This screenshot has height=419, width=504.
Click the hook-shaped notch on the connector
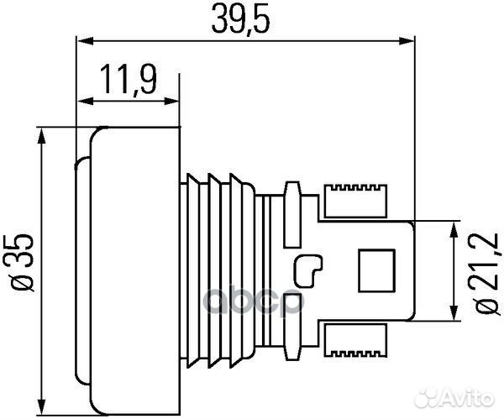point(308,269)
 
